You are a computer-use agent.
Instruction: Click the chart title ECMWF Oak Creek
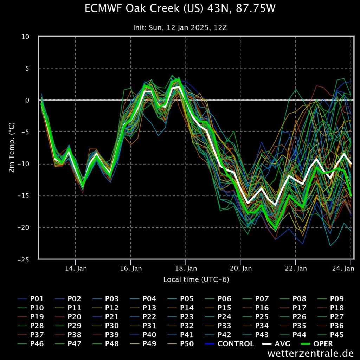click(180, 9)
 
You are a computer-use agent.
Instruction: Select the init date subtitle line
click(180, 27)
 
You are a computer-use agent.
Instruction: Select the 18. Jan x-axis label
click(186, 269)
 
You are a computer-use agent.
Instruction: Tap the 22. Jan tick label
click(296, 269)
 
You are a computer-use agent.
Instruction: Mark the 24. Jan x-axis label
click(343, 269)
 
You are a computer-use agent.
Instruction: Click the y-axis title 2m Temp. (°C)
click(12, 148)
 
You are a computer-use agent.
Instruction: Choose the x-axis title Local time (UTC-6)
click(196, 280)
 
